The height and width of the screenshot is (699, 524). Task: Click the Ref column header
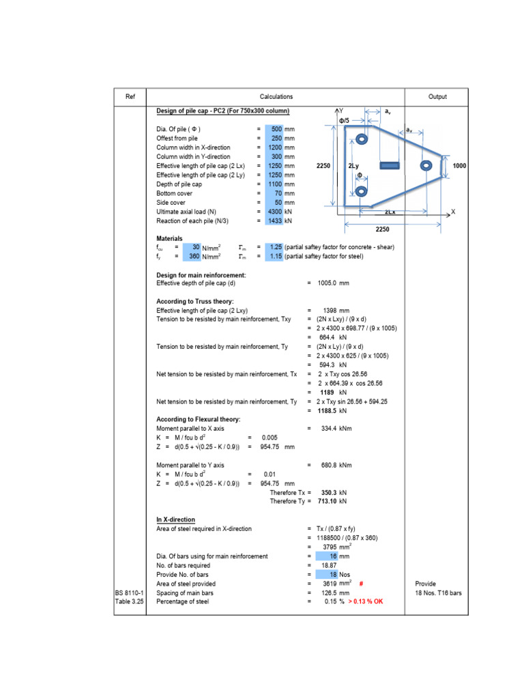tap(130, 97)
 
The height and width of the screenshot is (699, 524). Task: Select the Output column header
tap(437, 97)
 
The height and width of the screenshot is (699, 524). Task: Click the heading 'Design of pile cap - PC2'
tap(222, 111)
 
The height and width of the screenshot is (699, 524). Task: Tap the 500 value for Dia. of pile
tap(276, 129)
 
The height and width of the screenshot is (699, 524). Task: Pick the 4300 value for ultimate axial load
tap(275, 212)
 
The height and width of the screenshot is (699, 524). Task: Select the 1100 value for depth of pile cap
tap(275, 184)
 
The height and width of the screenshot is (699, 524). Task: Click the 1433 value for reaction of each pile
tap(275, 221)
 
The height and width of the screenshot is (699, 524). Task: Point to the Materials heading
tap(170, 238)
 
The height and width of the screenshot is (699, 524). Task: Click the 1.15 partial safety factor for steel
tap(275, 256)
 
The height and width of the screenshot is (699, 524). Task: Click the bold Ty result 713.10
tap(330, 501)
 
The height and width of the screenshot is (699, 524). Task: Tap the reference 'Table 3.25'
tap(130, 602)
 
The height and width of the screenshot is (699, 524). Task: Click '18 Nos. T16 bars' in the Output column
tap(437, 593)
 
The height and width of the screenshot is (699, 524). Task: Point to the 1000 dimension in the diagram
tap(459, 165)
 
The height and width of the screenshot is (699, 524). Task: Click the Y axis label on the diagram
tap(341, 110)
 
